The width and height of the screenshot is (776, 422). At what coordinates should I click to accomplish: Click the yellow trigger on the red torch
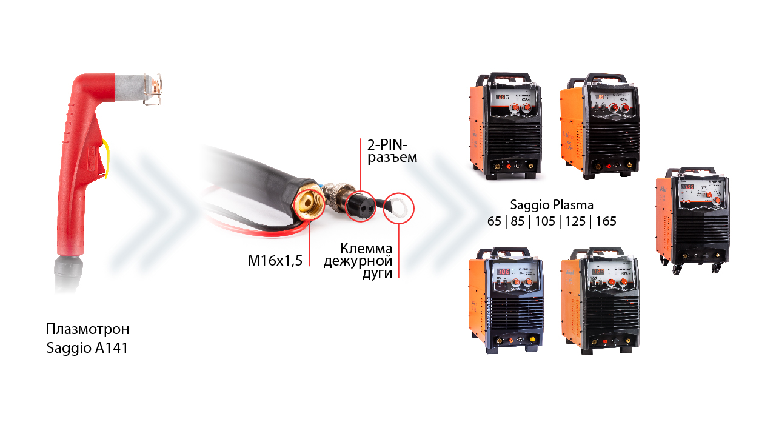[x=106, y=158]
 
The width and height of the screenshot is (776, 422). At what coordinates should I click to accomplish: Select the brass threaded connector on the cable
[x=309, y=204]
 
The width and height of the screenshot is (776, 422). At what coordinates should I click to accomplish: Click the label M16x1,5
[x=275, y=261]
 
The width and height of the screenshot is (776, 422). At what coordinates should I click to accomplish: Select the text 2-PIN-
[x=387, y=145]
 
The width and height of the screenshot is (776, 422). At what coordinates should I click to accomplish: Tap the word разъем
[x=392, y=158]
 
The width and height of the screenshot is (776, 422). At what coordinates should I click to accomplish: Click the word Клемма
[x=366, y=249]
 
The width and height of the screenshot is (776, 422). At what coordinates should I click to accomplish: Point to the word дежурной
[x=358, y=261]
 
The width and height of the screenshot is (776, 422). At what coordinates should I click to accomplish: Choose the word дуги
[x=377, y=273]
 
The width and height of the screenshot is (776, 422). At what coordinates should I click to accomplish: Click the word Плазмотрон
[x=88, y=329]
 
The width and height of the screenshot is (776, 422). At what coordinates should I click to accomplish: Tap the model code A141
[x=112, y=348]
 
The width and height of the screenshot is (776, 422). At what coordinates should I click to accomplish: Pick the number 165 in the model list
[x=606, y=221]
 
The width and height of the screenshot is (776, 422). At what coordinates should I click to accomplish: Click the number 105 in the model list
[x=545, y=221]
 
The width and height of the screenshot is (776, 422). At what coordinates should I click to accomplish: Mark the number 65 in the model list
[x=494, y=221]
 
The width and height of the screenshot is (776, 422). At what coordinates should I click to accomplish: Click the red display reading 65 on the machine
[x=501, y=98]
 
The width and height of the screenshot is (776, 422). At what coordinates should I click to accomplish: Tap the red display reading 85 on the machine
[x=601, y=98]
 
